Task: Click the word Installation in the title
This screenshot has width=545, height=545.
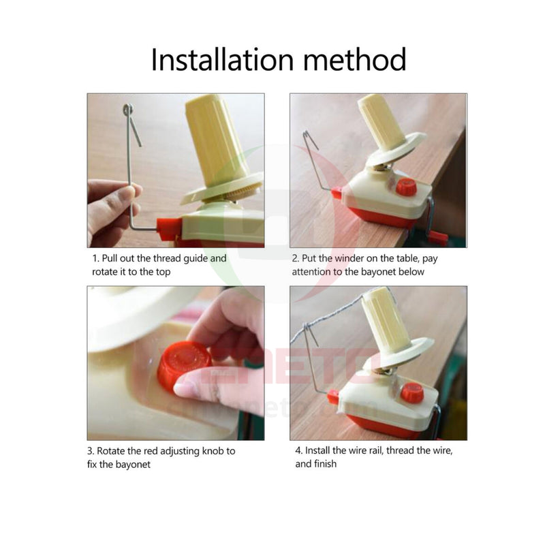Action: coord(223,59)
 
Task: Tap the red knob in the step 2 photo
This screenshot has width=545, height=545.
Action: coord(406,187)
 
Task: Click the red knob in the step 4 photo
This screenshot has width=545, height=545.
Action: coord(412,393)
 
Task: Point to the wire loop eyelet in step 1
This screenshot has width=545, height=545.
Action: coord(127,110)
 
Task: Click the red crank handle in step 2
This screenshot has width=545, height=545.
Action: coord(438,238)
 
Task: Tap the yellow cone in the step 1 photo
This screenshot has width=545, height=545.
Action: coord(215,141)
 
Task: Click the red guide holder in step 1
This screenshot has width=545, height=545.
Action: coord(168,230)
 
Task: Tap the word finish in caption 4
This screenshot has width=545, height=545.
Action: coord(326,464)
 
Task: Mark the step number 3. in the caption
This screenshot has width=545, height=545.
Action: coord(91,451)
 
